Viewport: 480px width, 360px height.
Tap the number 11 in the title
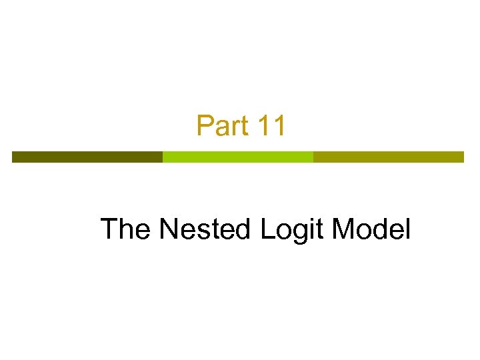click(x=271, y=126)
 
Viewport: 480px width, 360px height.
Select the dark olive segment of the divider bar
click(x=87, y=157)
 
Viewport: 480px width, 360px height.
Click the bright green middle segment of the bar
click(x=238, y=157)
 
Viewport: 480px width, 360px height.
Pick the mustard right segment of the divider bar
click(x=388, y=157)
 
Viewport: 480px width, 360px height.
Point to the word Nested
click(x=205, y=229)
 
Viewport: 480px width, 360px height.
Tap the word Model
click(x=371, y=229)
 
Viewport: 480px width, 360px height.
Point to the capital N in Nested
click(x=169, y=229)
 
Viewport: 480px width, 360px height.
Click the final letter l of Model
click(x=407, y=229)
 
